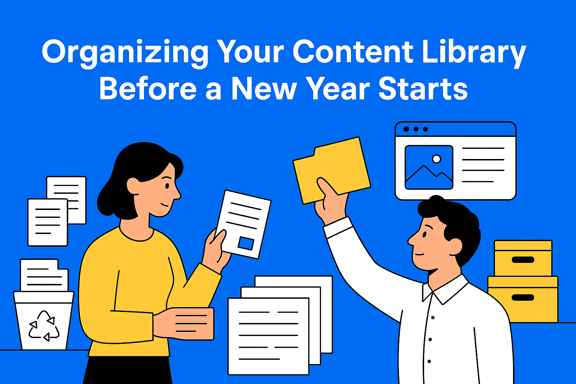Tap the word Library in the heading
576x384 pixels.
474,52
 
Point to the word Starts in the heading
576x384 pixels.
423,89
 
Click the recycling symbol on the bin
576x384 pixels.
44,326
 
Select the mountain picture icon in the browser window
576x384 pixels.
429,167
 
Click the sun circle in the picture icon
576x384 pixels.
436,159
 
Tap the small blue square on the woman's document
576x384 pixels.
246,243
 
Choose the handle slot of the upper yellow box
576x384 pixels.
523,259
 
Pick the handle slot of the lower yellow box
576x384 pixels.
523,297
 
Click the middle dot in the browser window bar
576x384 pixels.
416,129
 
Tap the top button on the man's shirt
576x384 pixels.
433,318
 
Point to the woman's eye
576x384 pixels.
167,186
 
